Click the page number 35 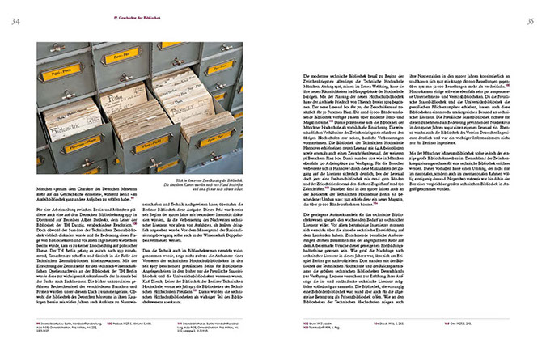[531, 22]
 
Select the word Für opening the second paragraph [41, 207]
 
